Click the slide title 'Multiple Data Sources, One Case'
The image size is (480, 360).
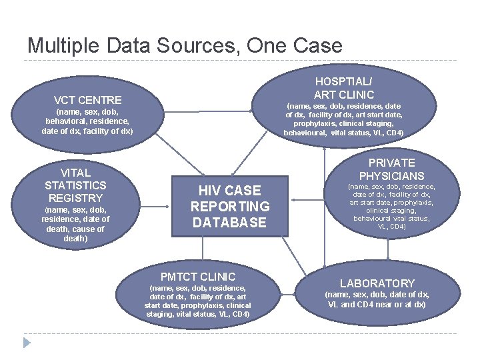click(185, 45)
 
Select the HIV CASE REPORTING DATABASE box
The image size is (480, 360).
click(230, 206)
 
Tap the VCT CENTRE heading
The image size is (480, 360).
click(88, 100)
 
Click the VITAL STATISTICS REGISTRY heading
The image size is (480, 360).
click(75, 185)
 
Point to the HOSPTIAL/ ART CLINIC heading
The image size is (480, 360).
click(343, 87)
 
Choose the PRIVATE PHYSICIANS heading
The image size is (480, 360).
click(391, 169)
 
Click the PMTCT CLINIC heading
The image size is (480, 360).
click(198, 277)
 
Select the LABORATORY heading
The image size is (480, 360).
click(377, 283)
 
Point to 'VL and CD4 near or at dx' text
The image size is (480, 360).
click(377, 305)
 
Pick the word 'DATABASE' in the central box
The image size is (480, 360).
click(230, 222)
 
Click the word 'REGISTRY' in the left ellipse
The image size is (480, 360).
click(75, 198)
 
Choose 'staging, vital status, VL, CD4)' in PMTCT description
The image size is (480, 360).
click(198, 314)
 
